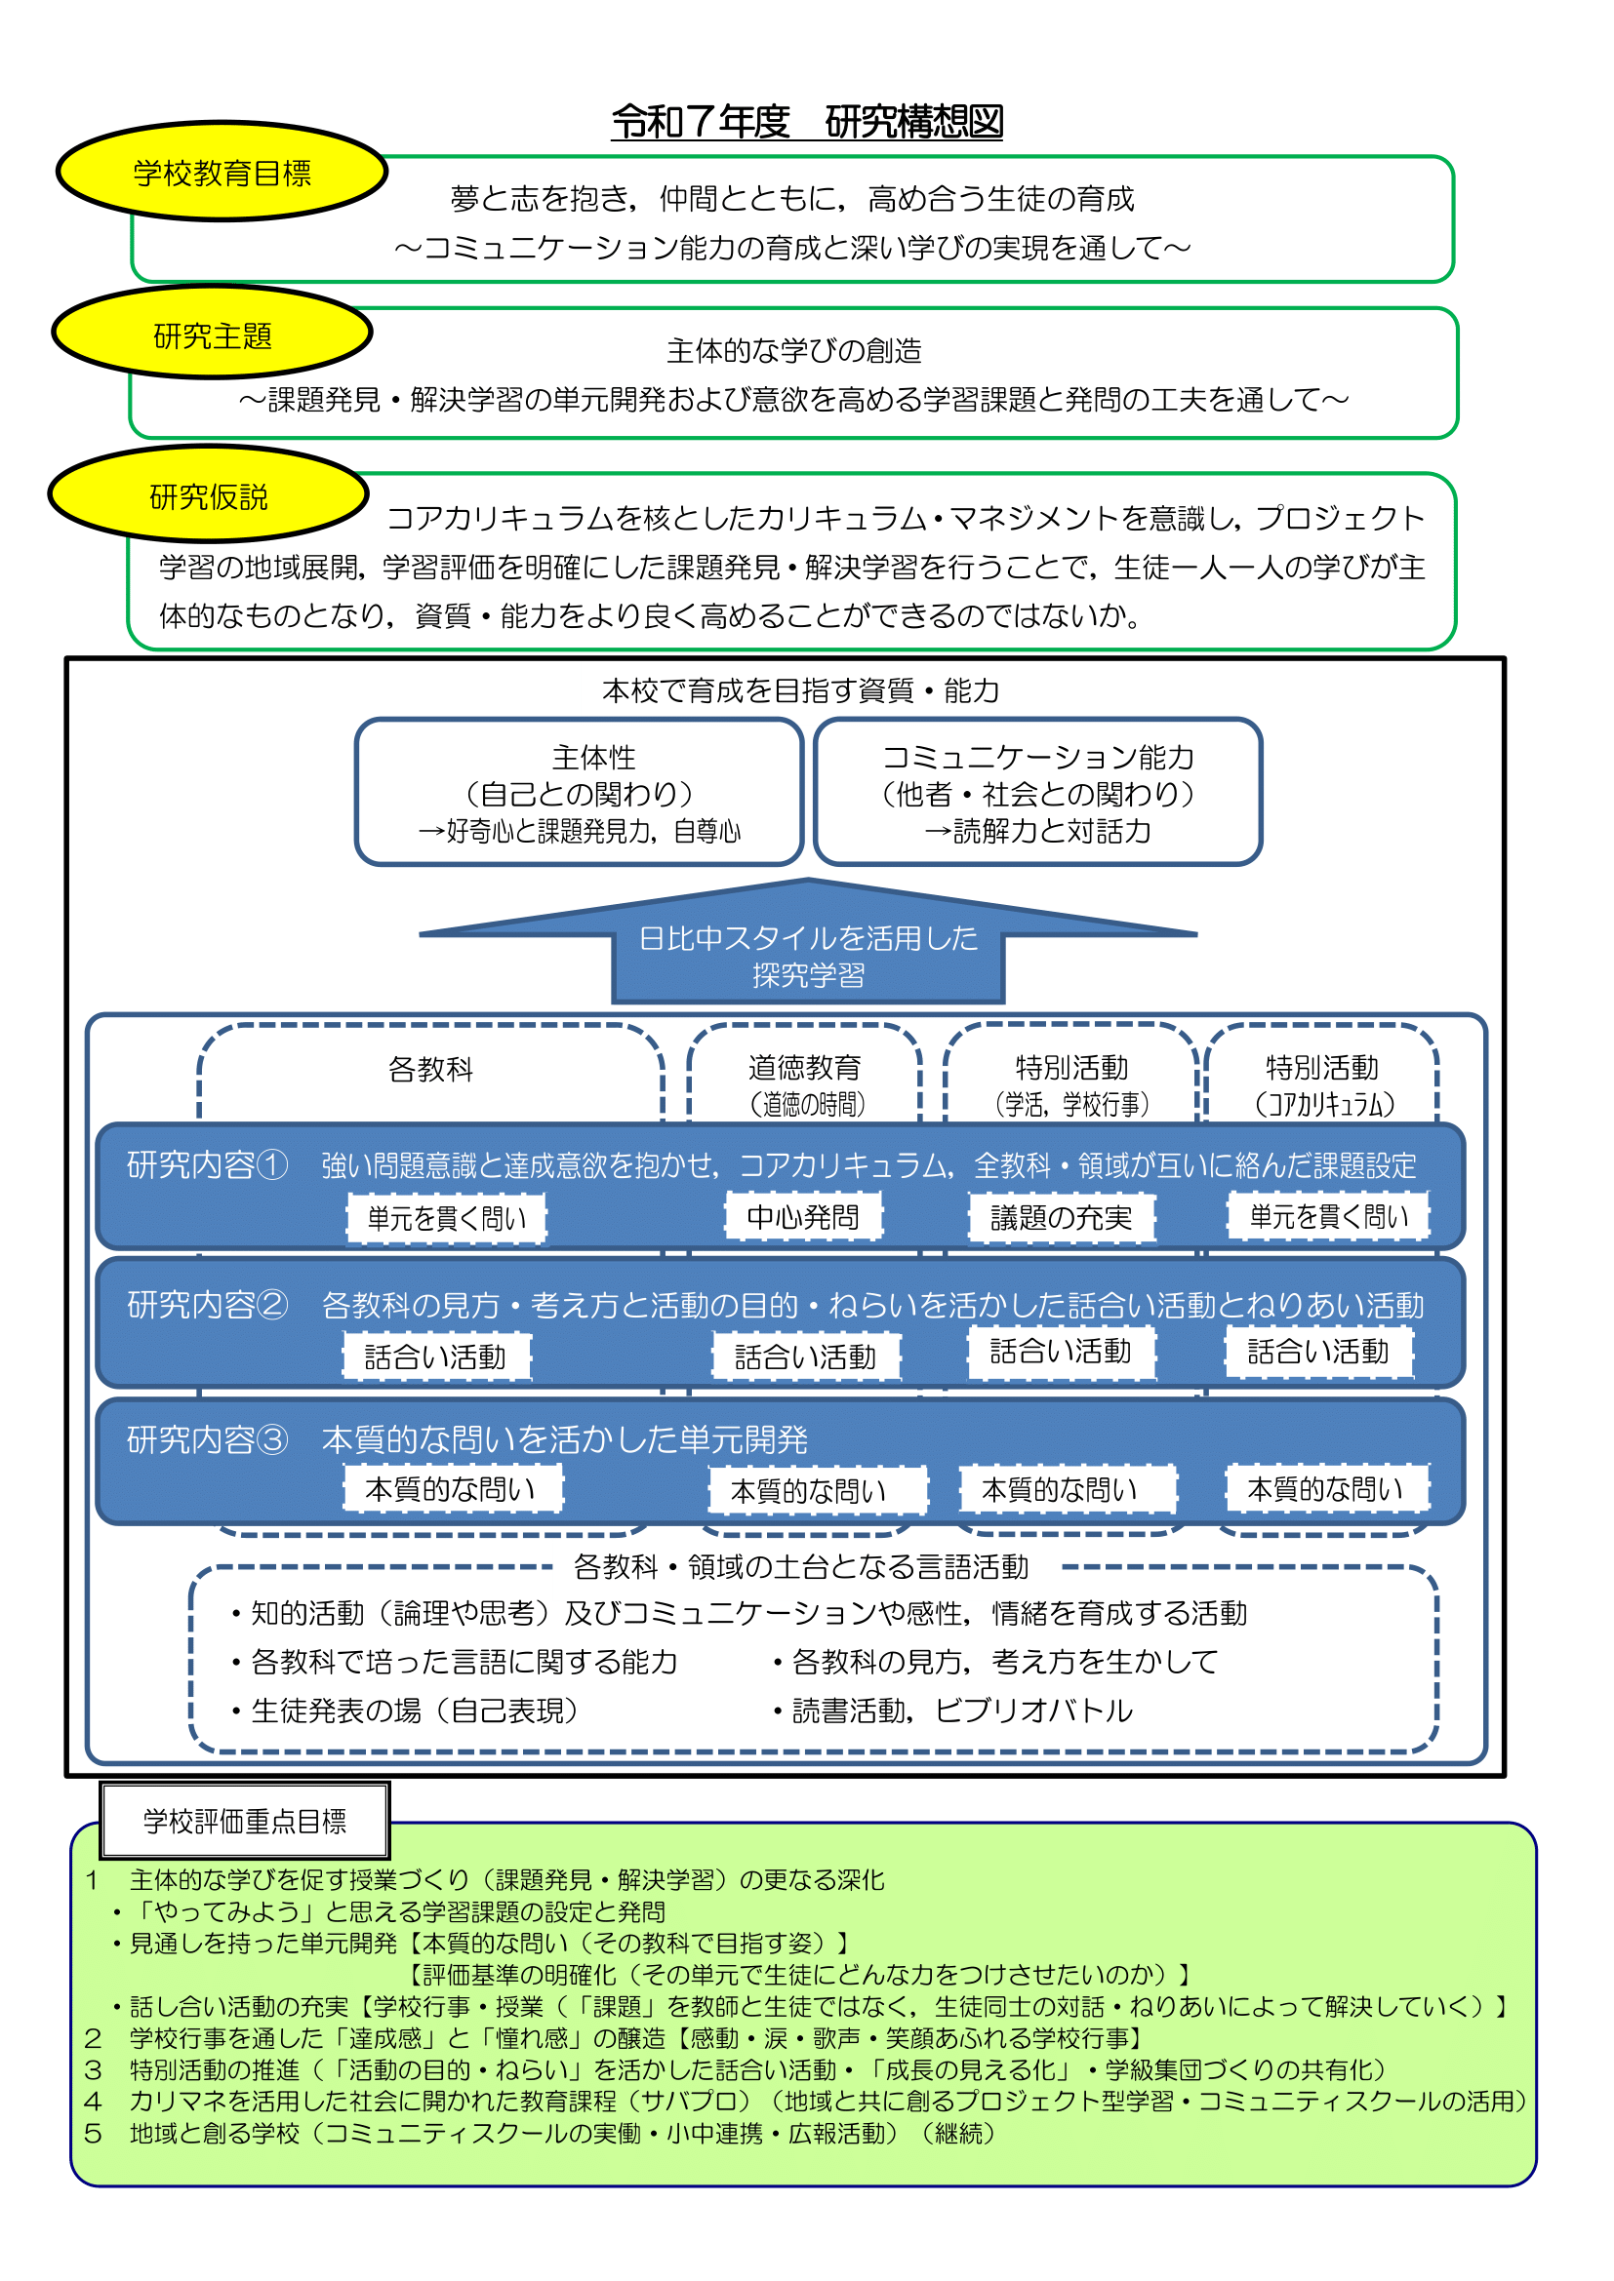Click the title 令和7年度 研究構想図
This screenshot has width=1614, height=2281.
[806, 122]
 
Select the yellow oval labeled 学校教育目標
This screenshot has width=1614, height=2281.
[222, 173]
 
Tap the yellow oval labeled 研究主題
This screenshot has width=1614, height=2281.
[212, 335]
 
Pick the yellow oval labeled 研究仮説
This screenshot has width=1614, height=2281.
[208, 495]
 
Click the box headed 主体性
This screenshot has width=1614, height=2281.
[579, 793]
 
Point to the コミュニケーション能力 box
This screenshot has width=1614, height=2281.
[1037, 793]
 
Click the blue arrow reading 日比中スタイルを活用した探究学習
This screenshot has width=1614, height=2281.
[807, 954]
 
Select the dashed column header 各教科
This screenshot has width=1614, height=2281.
[430, 1070]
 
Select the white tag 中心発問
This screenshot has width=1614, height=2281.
[803, 1217]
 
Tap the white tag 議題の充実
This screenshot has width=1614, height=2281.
[1062, 1218]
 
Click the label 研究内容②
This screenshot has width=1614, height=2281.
[207, 1306]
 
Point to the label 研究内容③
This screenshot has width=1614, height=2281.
[207, 1439]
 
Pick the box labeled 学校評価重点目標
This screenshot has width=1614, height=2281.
[245, 1821]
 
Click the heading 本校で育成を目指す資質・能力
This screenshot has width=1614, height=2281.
[800, 690]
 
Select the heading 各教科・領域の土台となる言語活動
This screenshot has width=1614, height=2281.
[801, 1567]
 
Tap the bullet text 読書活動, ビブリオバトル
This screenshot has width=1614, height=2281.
[961, 1711]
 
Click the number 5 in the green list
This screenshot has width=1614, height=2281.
[93, 2133]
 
